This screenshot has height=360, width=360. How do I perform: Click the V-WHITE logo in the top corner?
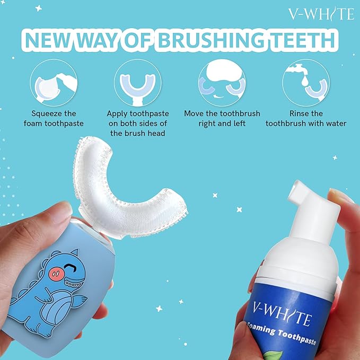tap(321, 14)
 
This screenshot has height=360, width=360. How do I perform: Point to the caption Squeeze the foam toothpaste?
tap(54, 118)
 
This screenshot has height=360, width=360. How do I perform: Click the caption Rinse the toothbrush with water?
tap(306, 118)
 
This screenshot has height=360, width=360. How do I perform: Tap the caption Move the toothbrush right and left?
tap(223, 118)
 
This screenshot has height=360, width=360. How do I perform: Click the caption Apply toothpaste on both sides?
tap(138, 123)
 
